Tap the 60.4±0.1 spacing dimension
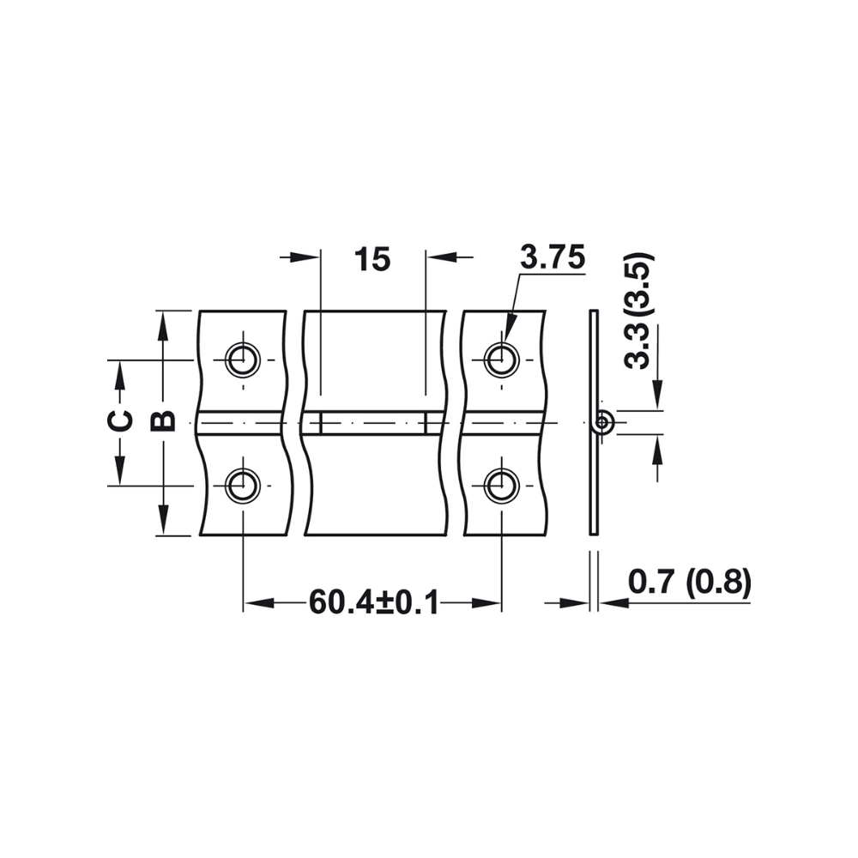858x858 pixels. click(x=373, y=603)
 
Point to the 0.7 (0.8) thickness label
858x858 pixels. click(x=690, y=583)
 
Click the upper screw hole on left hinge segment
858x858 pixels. click(x=243, y=359)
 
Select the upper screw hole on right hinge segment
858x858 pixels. click(x=500, y=359)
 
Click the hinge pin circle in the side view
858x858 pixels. click(x=604, y=422)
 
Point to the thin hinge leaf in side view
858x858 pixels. click(x=592, y=480)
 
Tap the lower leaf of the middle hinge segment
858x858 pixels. click(x=374, y=485)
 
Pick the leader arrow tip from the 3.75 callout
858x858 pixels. click(x=507, y=343)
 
